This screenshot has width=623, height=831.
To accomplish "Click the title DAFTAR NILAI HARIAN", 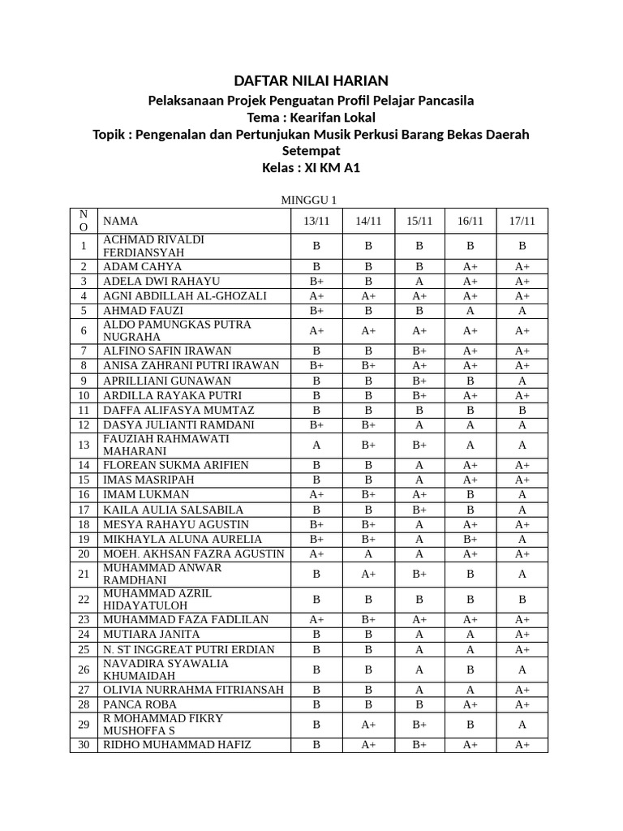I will [x=311, y=80].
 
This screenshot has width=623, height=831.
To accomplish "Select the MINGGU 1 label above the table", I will [x=308, y=200].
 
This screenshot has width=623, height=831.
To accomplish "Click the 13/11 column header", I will [x=317, y=221].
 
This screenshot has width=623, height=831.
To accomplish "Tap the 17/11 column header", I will [x=522, y=221].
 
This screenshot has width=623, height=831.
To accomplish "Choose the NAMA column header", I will [x=121, y=221].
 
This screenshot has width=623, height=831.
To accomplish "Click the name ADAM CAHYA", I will [x=143, y=266].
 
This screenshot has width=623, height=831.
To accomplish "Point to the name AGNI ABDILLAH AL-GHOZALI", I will [x=185, y=295].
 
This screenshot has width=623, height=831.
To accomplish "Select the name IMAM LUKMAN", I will [x=146, y=494].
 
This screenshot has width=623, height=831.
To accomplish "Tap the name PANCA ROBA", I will [x=140, y=704].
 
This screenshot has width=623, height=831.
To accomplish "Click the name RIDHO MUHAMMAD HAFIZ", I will [x=177, y=744].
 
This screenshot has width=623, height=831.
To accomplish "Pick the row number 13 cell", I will [x=84, y=445].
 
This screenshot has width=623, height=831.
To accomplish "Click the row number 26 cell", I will [x=84, y=670].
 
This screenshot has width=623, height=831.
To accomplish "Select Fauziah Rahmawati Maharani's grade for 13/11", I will [x=317, y=445].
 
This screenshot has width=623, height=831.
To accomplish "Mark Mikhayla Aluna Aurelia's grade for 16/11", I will [x=470, y=539].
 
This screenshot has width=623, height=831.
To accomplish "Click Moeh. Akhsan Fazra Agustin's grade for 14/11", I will [x=368, y=553].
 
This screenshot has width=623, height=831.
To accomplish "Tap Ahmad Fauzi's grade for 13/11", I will [x=317, y=310].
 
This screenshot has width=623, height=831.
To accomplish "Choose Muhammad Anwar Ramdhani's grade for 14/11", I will [x=368, y=574].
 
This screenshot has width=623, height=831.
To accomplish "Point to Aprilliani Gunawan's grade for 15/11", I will [x=419, y=380].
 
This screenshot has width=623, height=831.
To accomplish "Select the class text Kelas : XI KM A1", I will [x=311, y=168].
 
